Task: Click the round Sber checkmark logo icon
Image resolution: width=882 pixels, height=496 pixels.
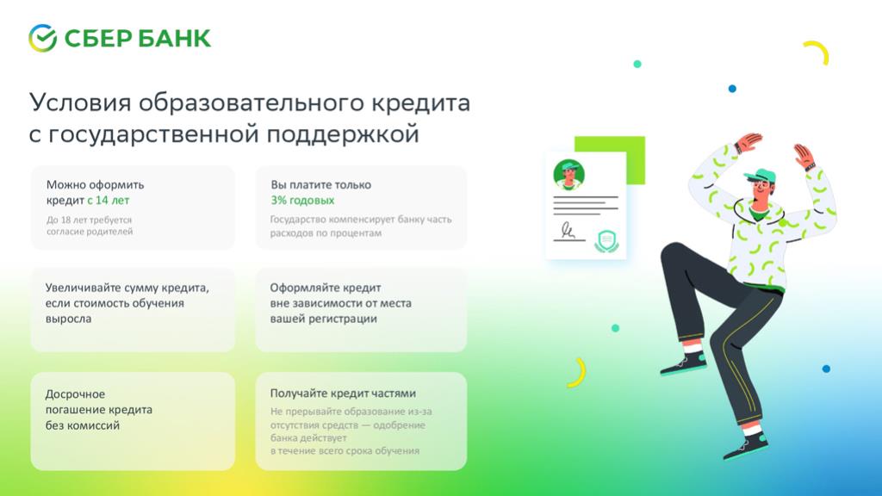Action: [x=43, y=38]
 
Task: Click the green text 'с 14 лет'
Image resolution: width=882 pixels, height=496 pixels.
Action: [x=108, y=200]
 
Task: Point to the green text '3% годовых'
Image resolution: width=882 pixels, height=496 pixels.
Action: [x=302, y=200]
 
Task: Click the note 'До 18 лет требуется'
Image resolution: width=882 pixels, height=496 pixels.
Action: [x=89, y=220]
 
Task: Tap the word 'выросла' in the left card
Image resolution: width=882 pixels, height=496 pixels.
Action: [x=68, y=319]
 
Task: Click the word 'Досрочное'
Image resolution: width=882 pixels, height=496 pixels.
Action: [x=75, y=394]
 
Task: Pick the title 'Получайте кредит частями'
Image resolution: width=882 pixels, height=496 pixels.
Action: [x=343, y=394]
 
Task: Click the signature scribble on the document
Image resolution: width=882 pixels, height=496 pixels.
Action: [x=568, y=230]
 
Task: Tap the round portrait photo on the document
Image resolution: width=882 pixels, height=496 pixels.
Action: [x=568, y=174]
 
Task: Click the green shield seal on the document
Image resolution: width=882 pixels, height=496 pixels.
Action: [x=607, y=241]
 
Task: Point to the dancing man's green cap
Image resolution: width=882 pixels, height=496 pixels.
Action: [x=761, y=175]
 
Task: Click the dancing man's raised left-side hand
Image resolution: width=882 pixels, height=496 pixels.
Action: [x=748, y=141]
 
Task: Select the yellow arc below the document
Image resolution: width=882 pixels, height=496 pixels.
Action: [x=579, y=372]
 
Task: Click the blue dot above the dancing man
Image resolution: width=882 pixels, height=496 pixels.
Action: [x=732, y=89]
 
